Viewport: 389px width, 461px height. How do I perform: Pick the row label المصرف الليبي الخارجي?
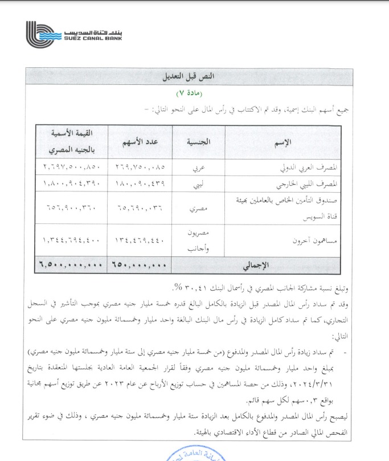point(308,184)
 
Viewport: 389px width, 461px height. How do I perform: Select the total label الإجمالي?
point(259,265)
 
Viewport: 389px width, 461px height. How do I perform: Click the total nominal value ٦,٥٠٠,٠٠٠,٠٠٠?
point(71,265)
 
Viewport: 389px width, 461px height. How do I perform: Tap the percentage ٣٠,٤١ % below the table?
point(185,285)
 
